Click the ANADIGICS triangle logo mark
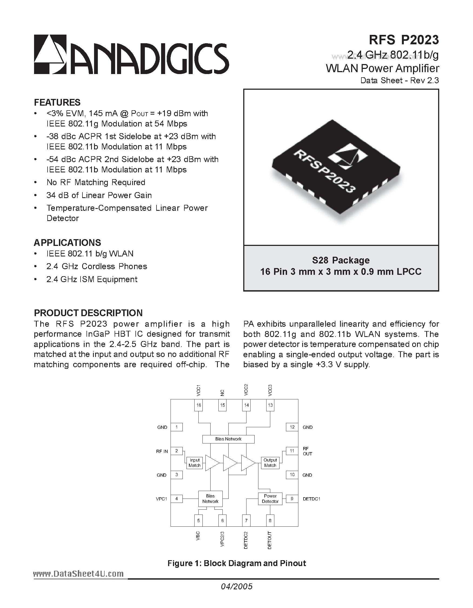pos(50,54)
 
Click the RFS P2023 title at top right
pos(404,40)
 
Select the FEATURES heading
pos(57,102)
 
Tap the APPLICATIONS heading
pos(67,242)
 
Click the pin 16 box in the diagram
pos(198,405)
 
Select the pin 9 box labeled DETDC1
pos(292,499)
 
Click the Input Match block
pos(195,463)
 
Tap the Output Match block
pos(270,463)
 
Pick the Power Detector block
pos(270,499)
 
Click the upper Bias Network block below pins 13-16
pos(228,439)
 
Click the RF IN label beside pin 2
pos(162,451)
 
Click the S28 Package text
pos(341,260)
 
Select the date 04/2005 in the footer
pos(237,587)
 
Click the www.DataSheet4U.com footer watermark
pos(78,573)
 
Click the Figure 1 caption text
pos(237,563)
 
